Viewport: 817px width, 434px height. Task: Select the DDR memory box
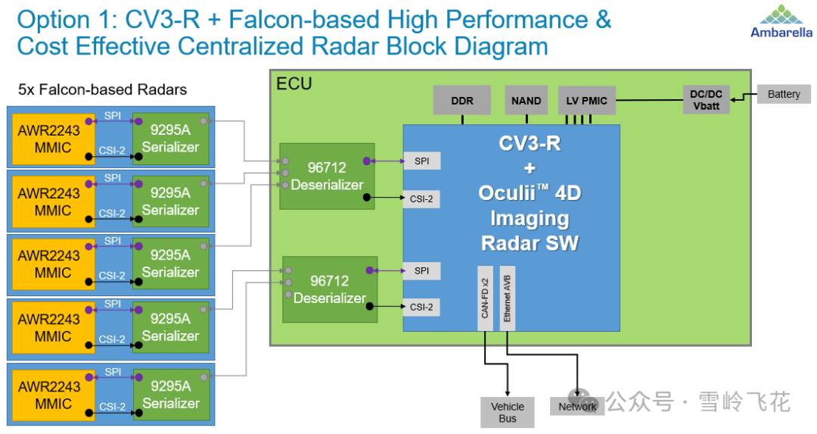(x=462, y=101)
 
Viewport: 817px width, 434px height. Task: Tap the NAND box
(x=526, y=101)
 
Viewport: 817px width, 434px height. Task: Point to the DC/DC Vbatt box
(x=706, y=100)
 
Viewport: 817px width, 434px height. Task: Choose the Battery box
(x=783, y=95)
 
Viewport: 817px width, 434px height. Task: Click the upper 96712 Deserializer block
(x=327, y=176)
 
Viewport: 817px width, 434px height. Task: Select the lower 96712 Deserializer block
(x=330, y=289)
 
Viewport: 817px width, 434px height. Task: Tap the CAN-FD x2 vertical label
(x=485, y=298)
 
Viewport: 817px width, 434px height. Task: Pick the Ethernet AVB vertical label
(x=508, y=298)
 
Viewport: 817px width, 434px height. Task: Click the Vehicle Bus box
(x=507, y=412)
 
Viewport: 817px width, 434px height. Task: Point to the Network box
(x=577, y=407)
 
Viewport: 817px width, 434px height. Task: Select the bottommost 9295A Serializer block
(x=170, y=395)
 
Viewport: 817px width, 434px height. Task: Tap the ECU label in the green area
(x=294, y=83)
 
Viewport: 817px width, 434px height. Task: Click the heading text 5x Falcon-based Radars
(x=102, y=90)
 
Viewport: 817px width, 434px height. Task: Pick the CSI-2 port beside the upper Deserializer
(x=421, y=199)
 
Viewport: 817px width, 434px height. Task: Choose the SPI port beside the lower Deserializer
(x=421, y=270)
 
